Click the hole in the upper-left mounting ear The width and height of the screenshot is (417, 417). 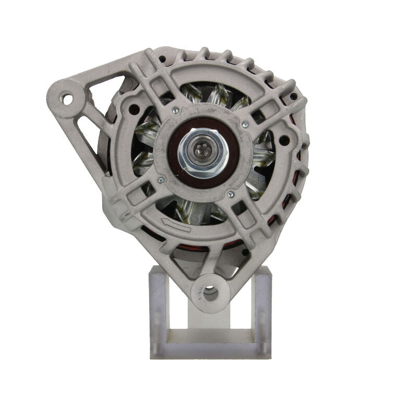pos(67,97)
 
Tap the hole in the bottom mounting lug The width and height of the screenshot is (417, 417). pos(210,292)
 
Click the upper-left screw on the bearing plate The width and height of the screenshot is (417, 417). pos(176,110)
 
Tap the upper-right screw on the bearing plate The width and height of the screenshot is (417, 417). pos(245,125)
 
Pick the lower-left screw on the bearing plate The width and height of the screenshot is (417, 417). pos(161,180)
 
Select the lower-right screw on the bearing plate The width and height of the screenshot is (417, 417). pos(230,194)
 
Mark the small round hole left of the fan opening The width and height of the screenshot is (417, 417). pos(134,109)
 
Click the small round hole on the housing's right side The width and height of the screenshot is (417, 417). pos(285,140)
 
